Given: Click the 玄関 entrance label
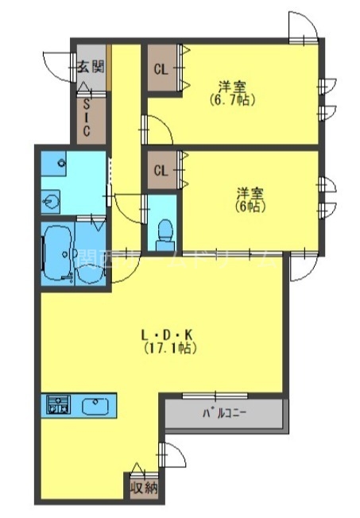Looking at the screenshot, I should click(x=90, y=67).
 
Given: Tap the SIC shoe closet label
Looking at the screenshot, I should click(x=85, y=116).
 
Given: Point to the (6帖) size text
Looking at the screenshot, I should click(x=250, y=206).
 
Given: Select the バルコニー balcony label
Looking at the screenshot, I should click(x=223, y=413).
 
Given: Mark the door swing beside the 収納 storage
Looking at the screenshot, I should click(x=172, y=460).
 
